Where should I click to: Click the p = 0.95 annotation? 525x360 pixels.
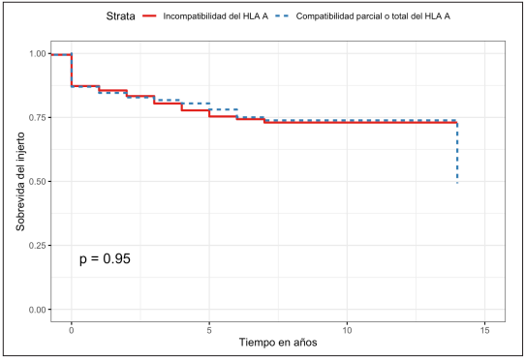(105, 259)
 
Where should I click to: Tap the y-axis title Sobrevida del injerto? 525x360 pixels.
(21, 182)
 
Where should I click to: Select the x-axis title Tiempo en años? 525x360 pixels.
(278, 344)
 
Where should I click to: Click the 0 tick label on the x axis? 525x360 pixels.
(71, 329)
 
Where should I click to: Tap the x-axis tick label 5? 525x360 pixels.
(209, 329)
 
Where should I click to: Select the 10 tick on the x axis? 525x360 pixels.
(347, 329)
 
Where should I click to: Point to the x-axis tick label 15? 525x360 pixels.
(485, 329)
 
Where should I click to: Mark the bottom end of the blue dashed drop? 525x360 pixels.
(457, 181)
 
